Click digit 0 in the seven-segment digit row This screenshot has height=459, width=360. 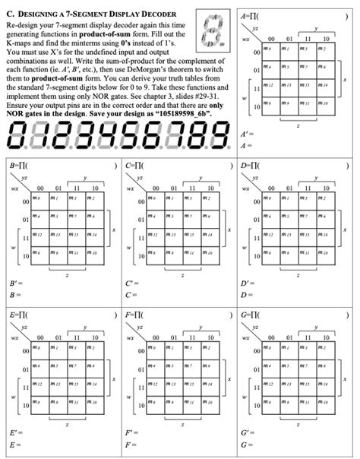pos(18,139)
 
